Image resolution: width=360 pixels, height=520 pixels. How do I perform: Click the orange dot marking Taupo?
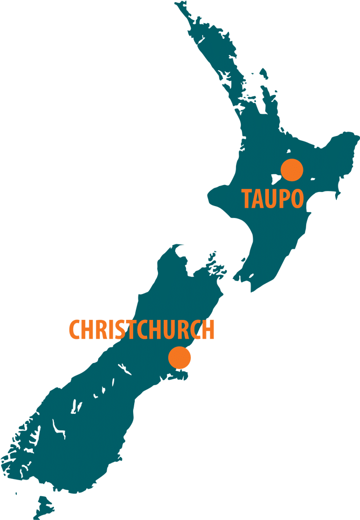pyautogui.click(x=292, y=170)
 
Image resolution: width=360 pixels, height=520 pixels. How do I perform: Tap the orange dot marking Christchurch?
pyautogui.click(x=179, y=358)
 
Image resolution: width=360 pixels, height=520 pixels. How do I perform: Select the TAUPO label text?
pyautogui.click(x=273, y=199)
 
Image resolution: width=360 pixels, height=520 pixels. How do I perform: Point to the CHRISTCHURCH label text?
pyautogui.click(x=141, y=330)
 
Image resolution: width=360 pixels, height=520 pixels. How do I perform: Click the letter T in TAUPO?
pyautogui.click(x=247, y=199)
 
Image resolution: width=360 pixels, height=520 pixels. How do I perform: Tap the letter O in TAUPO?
pyautogui.click(x=297, y=199)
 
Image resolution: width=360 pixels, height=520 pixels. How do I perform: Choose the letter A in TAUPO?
pyautogui.click(x=258, y=199)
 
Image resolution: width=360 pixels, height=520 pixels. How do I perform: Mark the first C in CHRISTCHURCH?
pyautogui.click(x=74, y=330)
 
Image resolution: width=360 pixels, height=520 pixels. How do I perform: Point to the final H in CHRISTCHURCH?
pyautogui.click(x=208, y=330)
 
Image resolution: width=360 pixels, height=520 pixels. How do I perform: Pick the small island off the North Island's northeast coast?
pyautogui.click(x=263, y=73)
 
